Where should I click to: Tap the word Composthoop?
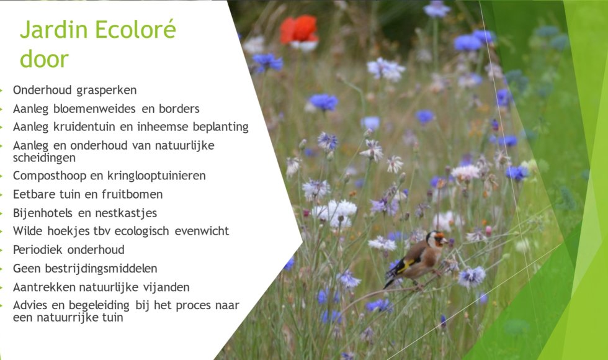pyautogui.click(x=47, y=176)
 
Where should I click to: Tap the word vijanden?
pyautogui.click(x=167, y=287)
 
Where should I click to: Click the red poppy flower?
pyautogui.click(x=299, y=30)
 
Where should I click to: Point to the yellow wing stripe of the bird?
pyautogui.click(x=406, y=266)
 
